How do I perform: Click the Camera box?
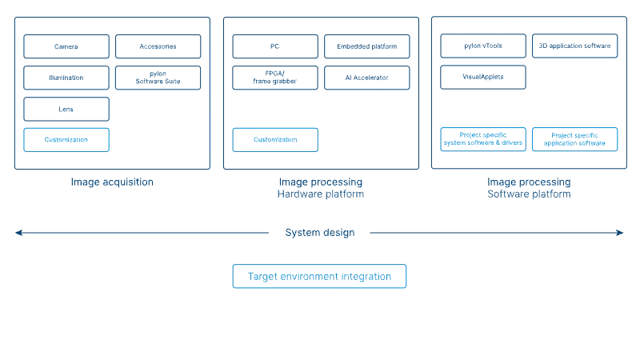click(66, 46)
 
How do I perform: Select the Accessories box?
click(158, 46)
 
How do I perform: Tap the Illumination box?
click(66, 78)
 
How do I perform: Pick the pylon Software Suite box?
click(158, 78)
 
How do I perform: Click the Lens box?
click(66, 109)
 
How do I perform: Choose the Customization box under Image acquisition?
click(66, 140)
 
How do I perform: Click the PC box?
click(275, 46)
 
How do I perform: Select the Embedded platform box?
click(367, 46)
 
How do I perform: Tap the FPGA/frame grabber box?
click(275, 78)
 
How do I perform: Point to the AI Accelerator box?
click(367, 78)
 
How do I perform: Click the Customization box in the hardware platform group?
click(275, 140)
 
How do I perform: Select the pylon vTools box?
click(483, 46)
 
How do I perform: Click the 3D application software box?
click(574, 46)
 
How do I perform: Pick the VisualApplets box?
click(483, 77)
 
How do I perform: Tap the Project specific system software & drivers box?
click(483, 139)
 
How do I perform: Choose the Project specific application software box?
click(574, 139)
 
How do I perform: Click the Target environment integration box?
click(319, 276)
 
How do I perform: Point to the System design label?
click(320, 233)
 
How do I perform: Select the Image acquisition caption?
click(112, 182)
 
